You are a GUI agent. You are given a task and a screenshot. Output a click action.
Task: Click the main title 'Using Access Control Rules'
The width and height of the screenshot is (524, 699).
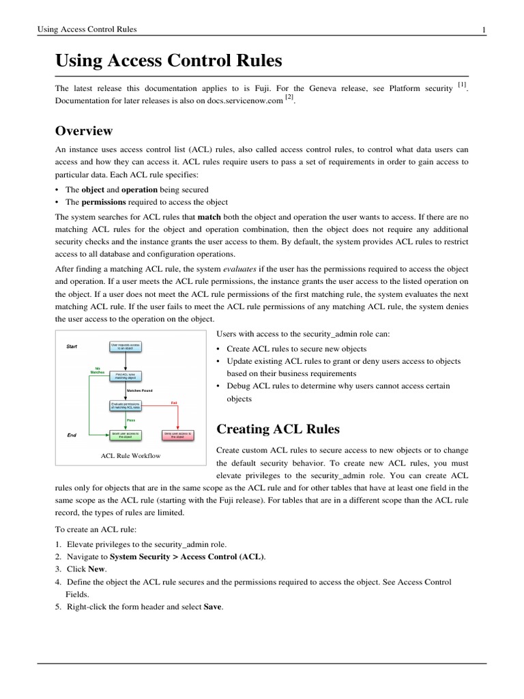click(169, 61)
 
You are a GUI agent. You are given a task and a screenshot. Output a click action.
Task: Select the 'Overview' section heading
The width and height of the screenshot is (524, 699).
click(83, 130)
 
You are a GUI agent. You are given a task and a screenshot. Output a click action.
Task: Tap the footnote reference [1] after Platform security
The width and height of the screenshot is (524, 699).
click(462, 84)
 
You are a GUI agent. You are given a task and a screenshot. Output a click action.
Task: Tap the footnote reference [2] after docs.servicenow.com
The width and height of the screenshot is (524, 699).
click(289, 98)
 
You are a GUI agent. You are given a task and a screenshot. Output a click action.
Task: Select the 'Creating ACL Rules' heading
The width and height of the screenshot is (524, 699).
click(278, 429)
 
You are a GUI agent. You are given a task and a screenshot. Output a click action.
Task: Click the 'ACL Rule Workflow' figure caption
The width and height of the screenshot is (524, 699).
click(130, 455)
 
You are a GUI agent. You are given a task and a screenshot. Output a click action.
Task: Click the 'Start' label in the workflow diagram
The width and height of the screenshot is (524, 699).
click(72, 347)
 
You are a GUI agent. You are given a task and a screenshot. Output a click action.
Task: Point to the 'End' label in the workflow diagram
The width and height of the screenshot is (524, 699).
click(72, 434)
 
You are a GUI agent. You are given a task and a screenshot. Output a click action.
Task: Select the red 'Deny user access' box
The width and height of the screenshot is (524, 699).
click(177, 434)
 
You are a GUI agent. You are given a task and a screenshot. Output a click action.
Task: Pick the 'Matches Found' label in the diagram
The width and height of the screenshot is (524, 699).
click(139, 390)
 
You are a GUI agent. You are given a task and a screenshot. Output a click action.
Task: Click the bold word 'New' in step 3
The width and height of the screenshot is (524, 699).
click(96, 569)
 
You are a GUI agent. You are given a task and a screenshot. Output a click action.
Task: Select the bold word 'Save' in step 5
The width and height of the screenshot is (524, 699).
click(213, 607)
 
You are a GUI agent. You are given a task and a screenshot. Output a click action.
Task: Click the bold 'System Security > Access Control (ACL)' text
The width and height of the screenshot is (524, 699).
click(187, 556)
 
